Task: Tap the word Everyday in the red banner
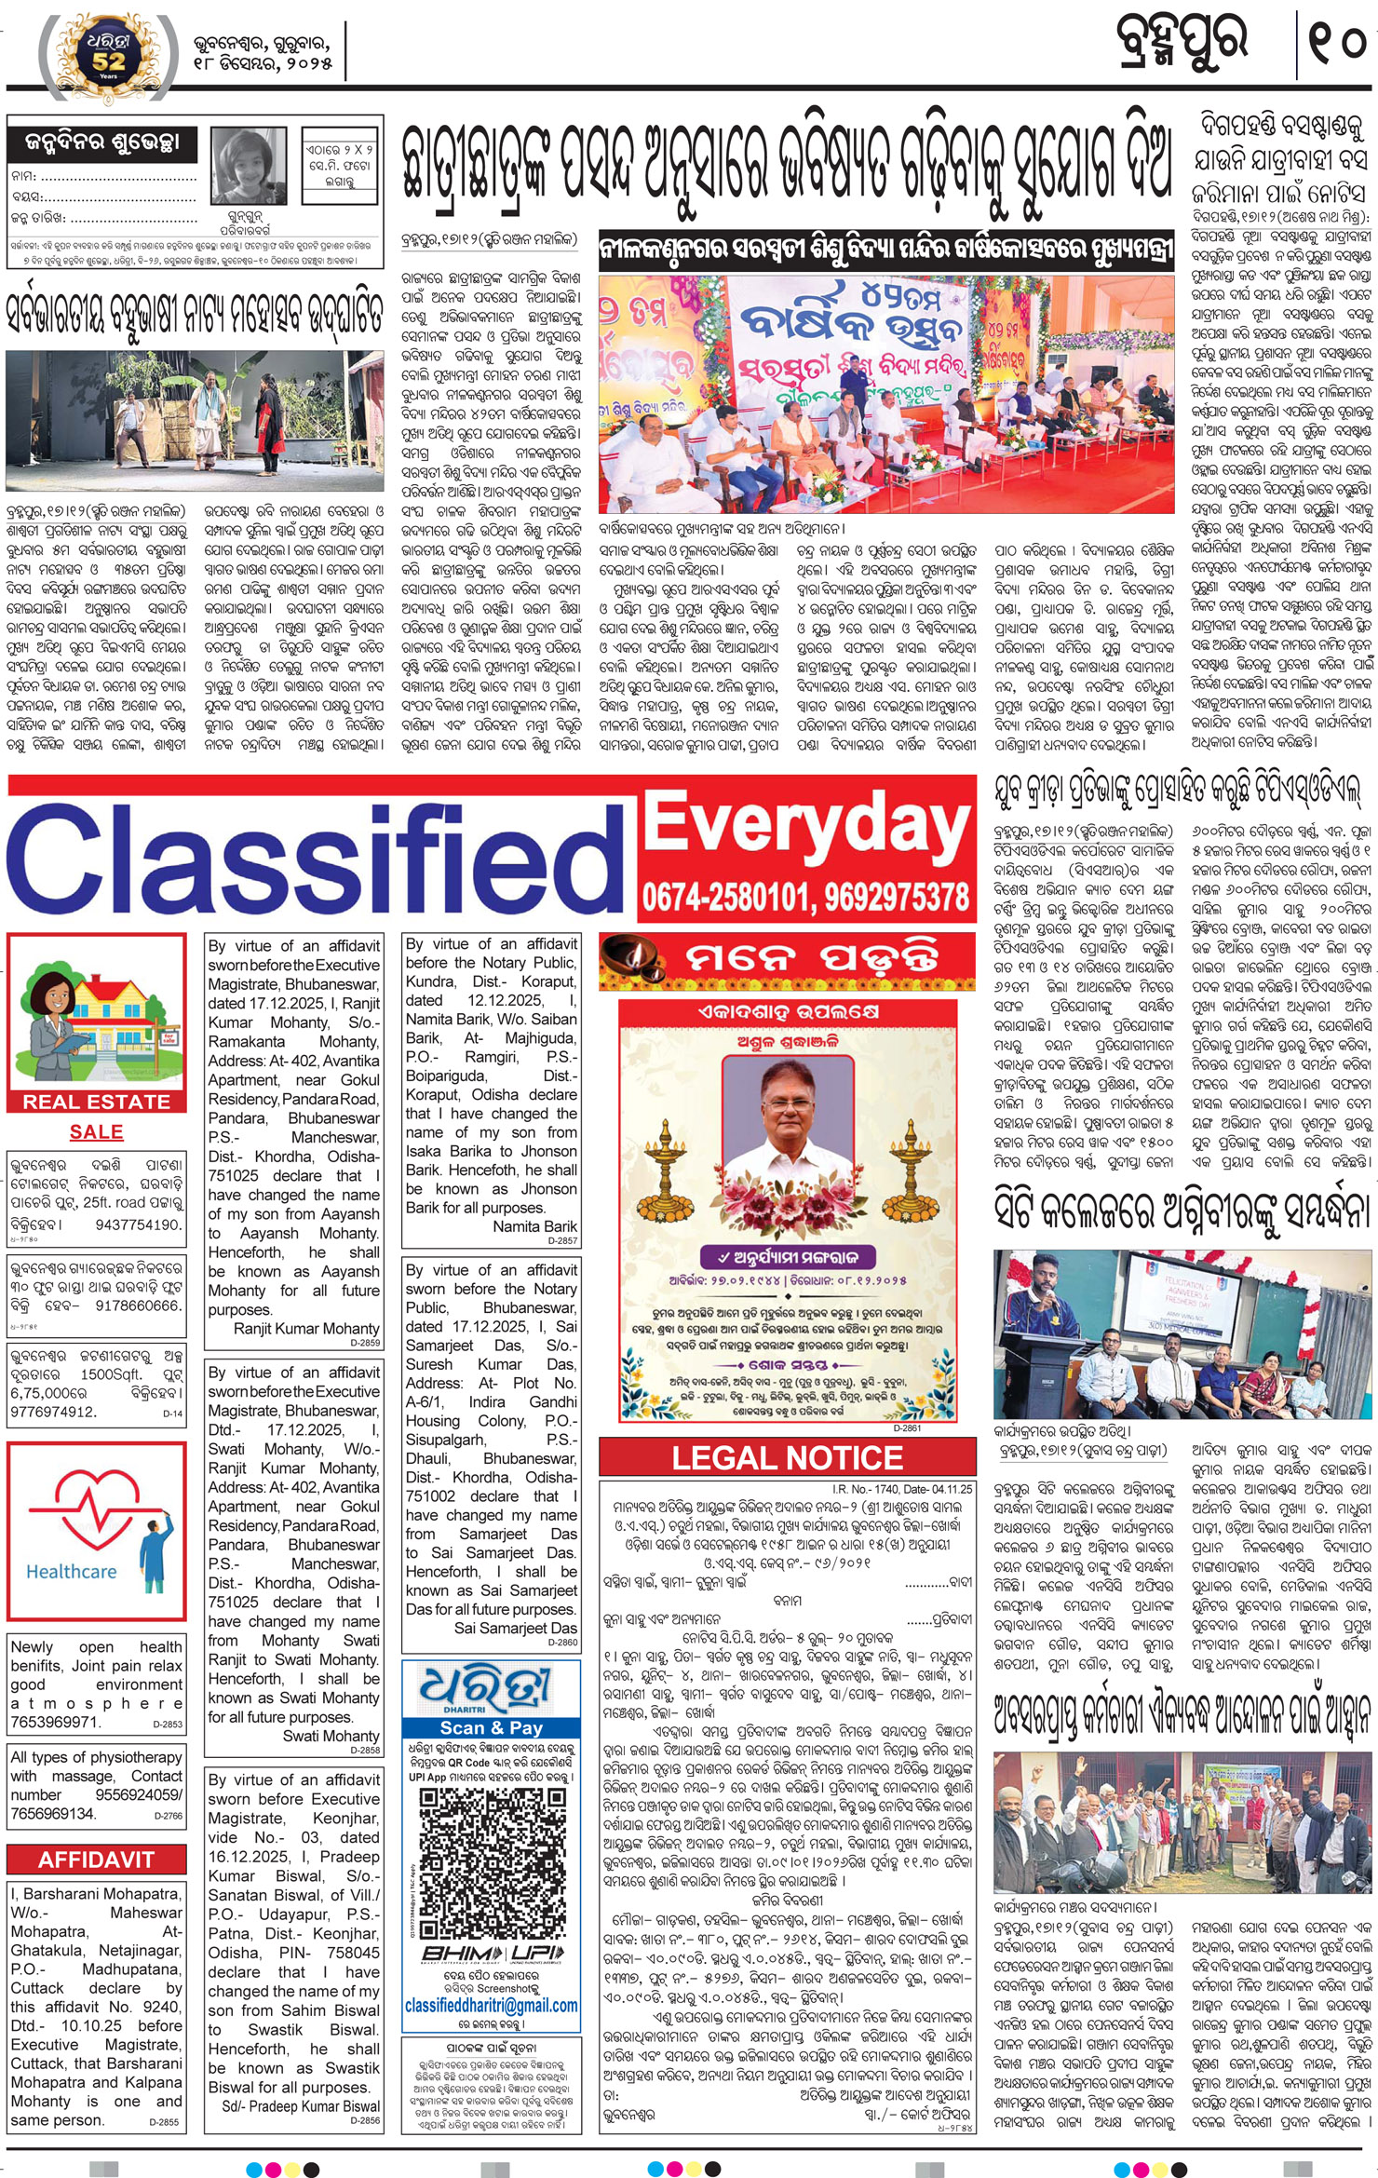(806, 826)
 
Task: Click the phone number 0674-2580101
(724, 898)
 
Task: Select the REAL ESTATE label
(97, 1102)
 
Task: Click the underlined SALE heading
(97, 1131)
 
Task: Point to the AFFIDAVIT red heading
(97, 1860)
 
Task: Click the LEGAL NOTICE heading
(788, 1458)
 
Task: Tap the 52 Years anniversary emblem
(109, 53)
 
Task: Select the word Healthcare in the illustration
(72, 1572)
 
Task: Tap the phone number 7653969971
(56, 1723)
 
